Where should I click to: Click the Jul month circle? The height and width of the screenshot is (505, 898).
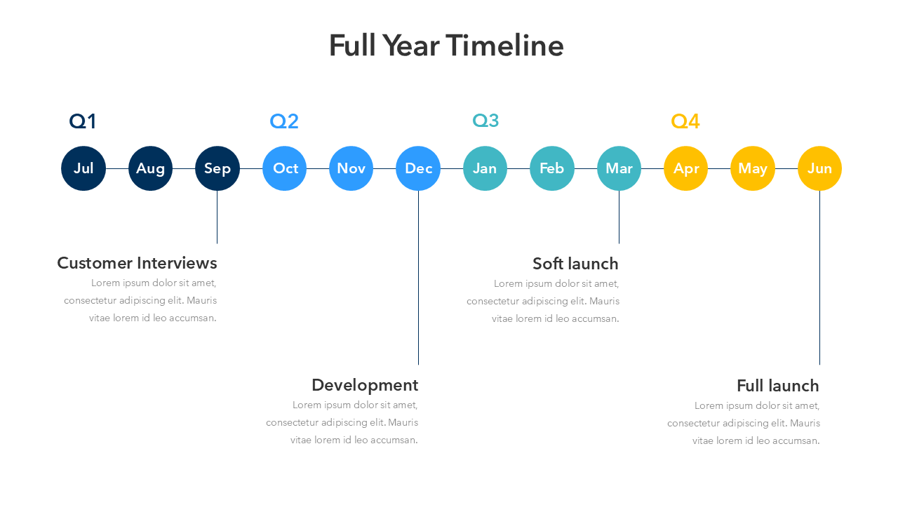pyautogui.click(x=83, y=168)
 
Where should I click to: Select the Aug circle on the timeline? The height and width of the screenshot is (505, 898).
pyautogui.click(x=150, y=168)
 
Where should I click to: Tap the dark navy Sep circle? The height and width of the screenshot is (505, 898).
pyautogui.click(x=217, y=168)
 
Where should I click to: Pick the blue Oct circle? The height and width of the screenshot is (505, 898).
pyautogui.click(x=285, y=168)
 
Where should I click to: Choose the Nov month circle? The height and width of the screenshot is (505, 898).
pyautogui.click(x=351, y=168)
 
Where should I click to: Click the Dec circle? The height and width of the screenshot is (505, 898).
pyautogui.click(x=418, y=168)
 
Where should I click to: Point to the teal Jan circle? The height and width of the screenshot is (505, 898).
pyautogui.click(x=485, y=168)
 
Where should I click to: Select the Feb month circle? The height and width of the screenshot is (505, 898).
pyautogui.click(x=552, y=168)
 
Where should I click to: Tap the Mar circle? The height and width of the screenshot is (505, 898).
pyautogui.click(x=619, y=168)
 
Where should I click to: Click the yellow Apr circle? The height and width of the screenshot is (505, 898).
pyautogui.click(x=686, y=168)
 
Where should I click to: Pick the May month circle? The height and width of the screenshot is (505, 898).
pyautogui.click(x=753, y=168)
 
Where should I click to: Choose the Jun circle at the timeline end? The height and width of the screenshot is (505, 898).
pyautogui.click(x=820, y=168)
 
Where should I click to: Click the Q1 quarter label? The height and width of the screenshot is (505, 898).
pyautogui.click(x=83, y=121)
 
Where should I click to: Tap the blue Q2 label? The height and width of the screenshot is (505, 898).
pyautogui.click(x=284, y=121)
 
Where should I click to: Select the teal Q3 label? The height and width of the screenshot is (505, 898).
pyautogui.click(x=485, y=120)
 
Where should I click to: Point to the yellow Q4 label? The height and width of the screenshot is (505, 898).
pyautogui.click(x=685, y=121)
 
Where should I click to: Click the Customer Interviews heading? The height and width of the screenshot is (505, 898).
pyautogui.click(x=137, y=263)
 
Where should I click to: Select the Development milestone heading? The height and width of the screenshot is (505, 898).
pyautogui.click(x=365, y=385)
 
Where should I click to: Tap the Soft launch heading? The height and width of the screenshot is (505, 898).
pyautogui.click(x=575, y=264)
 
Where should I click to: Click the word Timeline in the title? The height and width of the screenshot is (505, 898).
pyautogui.click(x=504, y=46)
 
